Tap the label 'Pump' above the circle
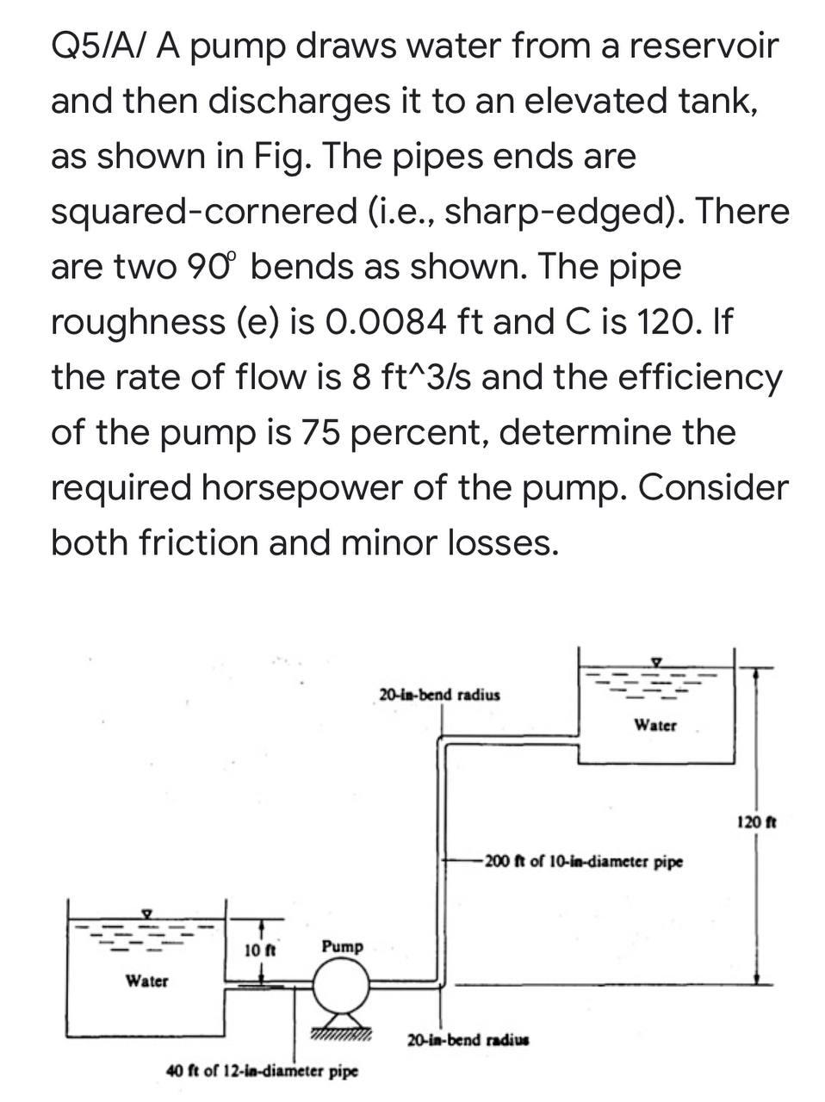pyautogui.click(x=342, y=946)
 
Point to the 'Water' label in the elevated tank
pyautogui.click(x=655, y=725)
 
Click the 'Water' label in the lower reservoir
pyautogui.click(x=147, y=980)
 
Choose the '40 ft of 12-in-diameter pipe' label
pyautogui.click(x=262, y=1072)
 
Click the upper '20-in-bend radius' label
pyautogui.click(x=439, y=694)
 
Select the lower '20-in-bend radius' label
pyautogui.click(x=468, y=1039)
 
